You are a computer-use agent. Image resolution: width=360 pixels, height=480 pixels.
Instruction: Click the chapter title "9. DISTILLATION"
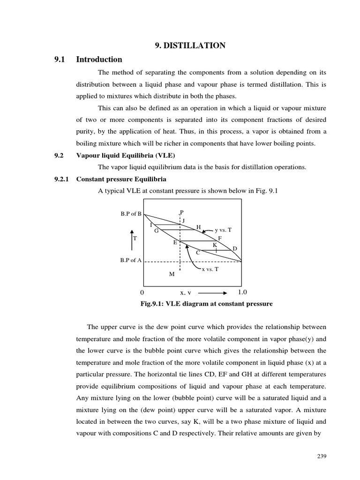click(190, 45)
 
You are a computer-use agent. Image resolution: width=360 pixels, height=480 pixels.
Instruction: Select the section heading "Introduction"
click(99, 60)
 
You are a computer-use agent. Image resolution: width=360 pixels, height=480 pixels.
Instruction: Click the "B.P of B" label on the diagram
click(131, 214)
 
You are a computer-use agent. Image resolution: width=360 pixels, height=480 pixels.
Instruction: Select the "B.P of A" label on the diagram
click(131, 261)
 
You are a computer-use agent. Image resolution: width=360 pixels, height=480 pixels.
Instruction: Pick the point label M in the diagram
click(172, 274)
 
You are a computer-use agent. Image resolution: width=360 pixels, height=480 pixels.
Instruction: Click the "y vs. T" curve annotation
click(223, 230)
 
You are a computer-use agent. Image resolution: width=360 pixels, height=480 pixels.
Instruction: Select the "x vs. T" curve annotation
click(210, 269)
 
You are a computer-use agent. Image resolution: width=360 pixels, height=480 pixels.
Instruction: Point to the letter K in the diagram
click(215, 245)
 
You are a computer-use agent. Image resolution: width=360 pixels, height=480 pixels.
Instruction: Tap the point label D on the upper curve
click(235, 248)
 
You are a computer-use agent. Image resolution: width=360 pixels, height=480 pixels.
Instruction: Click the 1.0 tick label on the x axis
click(242, 292)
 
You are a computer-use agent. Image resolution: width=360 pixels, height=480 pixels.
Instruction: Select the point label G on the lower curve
click(157, 231)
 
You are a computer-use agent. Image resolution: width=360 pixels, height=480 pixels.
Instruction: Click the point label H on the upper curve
click(198, 227)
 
